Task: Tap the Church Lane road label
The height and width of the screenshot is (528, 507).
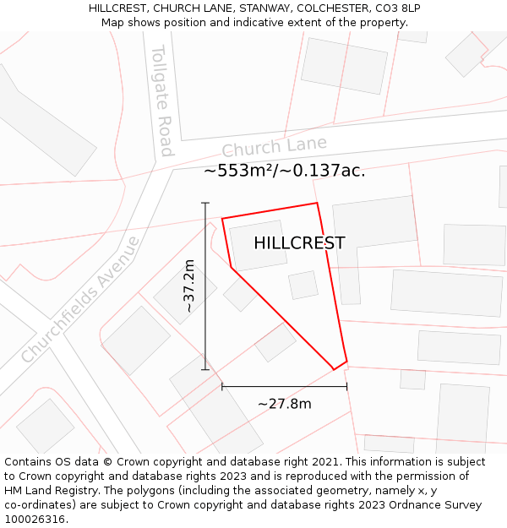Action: coord(274,148)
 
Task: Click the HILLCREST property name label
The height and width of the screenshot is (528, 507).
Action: coord(299,243)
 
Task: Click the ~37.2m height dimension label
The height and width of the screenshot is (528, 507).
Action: coord(188,286)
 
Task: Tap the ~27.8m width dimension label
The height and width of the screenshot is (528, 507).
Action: coord(285,404)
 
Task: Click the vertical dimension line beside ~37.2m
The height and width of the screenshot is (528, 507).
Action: coord(205,321)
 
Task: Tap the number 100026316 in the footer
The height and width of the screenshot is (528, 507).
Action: coord(35,520)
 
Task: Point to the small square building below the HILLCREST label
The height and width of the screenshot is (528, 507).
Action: coord(303,285)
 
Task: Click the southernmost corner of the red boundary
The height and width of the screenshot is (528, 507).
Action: coord(334,370)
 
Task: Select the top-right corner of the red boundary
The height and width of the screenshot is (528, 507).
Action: coord(317,203)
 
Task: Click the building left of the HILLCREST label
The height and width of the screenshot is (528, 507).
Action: coord(258,245)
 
